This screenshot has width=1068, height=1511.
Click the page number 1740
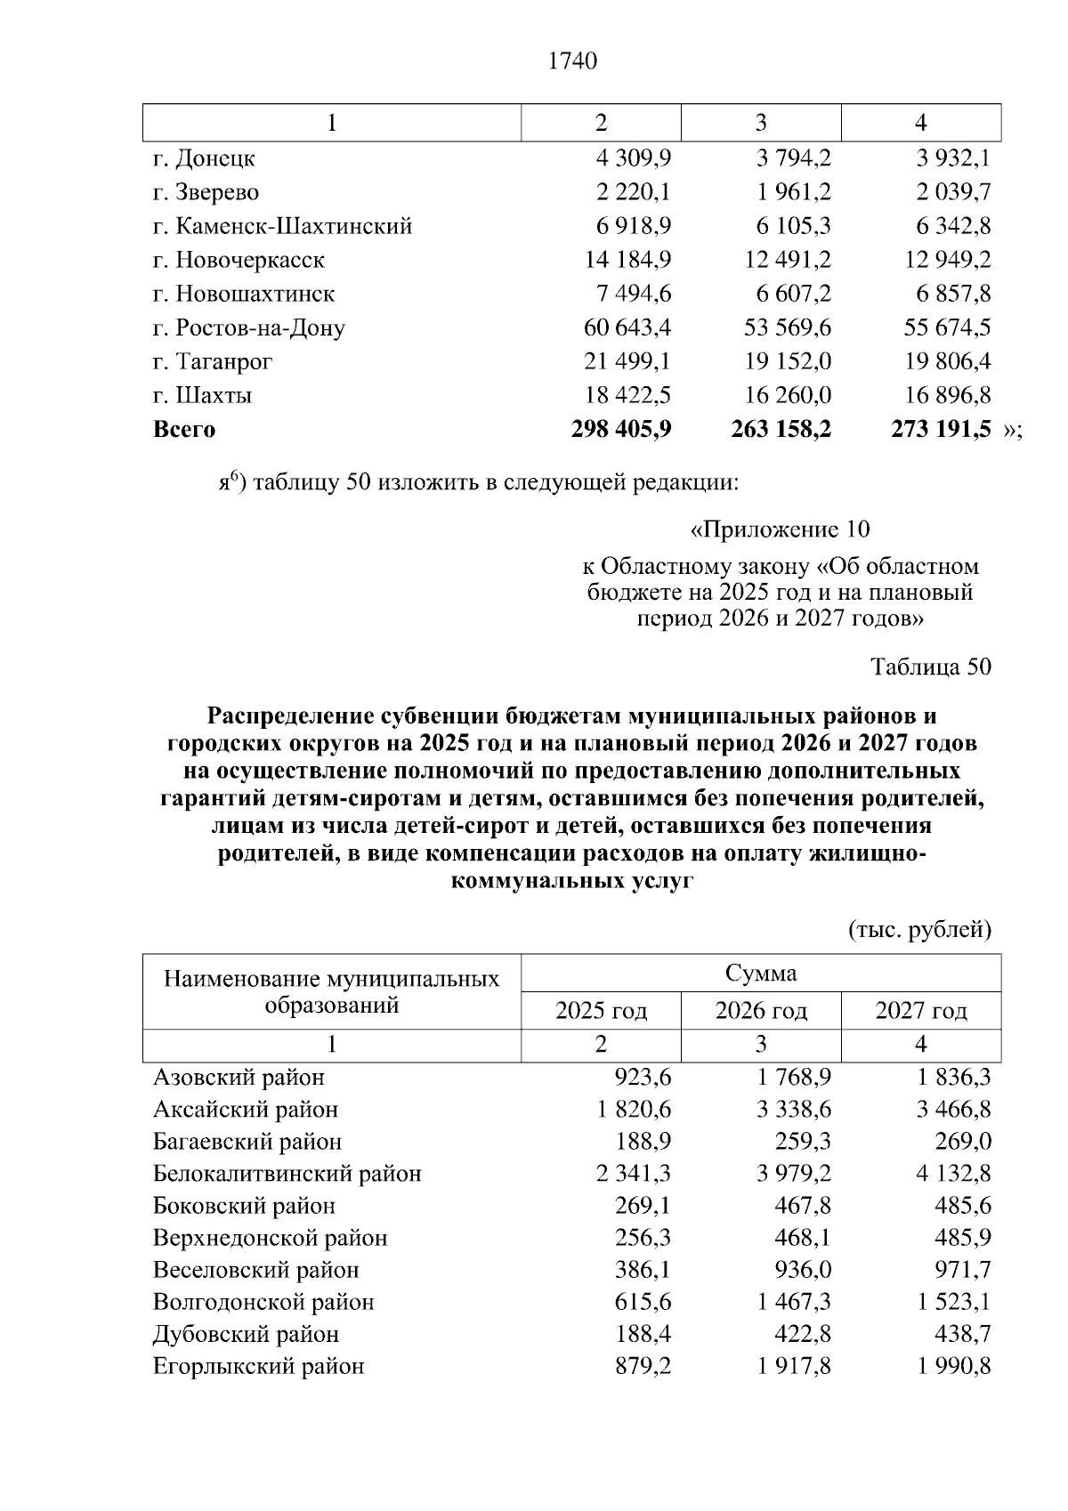point(573,61)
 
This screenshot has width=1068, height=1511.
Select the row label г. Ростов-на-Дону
point(248,327)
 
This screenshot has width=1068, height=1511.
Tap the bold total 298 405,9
point(621,430)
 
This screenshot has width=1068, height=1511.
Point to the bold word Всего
point(184,430)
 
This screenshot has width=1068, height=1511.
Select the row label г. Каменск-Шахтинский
point(282,226)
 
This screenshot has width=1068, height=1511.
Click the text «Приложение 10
point(780,529)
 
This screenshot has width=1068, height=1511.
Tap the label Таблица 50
point(931,667)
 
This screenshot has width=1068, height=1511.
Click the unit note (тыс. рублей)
point(919,930)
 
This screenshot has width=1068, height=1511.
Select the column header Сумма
point(760,973)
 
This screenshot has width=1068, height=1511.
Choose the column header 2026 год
point(760,1011)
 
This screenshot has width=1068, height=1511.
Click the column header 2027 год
point(920,1011)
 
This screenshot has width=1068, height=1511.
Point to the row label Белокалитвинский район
point(287,1174)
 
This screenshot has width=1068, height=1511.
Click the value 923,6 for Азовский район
point(643,1078)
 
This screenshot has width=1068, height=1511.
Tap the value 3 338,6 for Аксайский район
point(794,1110)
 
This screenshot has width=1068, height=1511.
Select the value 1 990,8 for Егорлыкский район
point(954,1366)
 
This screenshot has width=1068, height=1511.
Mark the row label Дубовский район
point(246,1334)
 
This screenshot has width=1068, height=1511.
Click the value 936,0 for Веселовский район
point(804,1270)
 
